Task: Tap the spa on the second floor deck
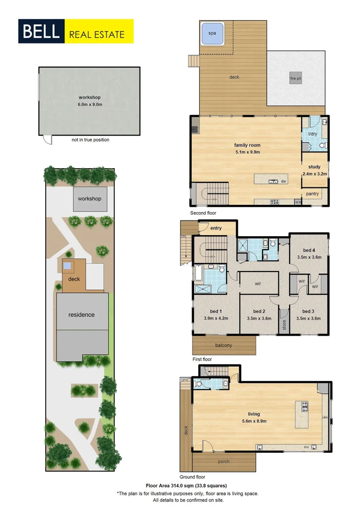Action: click(212, 34)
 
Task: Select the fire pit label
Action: click(295, 78)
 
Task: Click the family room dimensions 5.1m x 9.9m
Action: click(248, 152)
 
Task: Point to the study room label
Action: click(314, 167)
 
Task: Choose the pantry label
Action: click(312, 194)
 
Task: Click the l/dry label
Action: click(312, 134)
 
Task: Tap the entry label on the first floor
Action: click(216, 229)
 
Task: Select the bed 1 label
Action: click(216, 311)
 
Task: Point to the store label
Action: click(284, 325)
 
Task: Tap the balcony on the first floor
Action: click(224, 345)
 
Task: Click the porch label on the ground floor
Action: click(224, 461)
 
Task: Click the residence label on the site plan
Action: click(82, 314)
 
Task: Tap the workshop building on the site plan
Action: click(90, 199)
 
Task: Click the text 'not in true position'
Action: click(90, 140)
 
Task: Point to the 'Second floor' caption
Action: click(203, 213)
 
